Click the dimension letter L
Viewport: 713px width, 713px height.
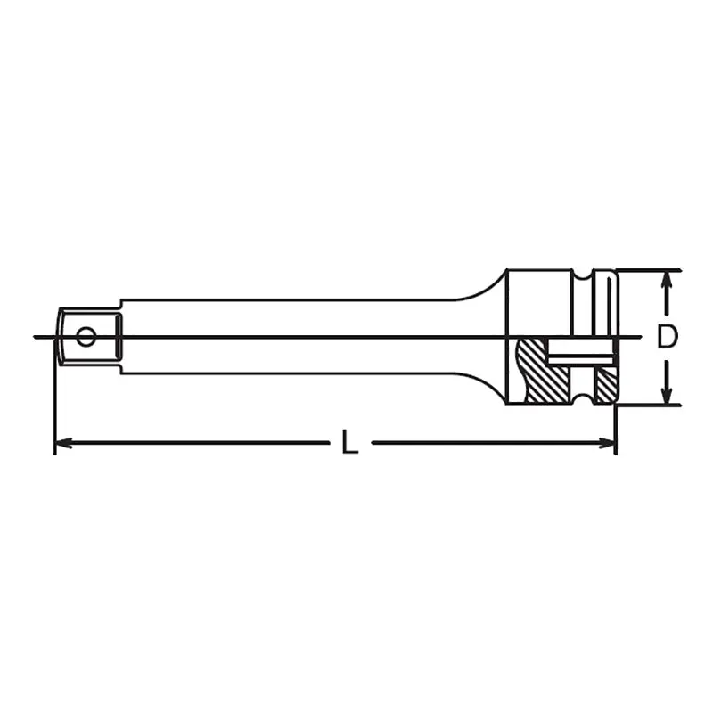pyautogui.click(x=349, y=441)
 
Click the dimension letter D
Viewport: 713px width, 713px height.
pyautogui.click(x=667, y=337)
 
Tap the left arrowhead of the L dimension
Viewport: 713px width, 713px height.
pyautogui.click(x=62, y=442)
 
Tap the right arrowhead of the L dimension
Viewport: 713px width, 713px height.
pyautogui.click(x=607, y=442)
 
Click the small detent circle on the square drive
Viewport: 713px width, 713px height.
pyautogui.click(x=86, y=337)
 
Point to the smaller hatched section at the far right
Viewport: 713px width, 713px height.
pyautogui.click(x=606, y=386)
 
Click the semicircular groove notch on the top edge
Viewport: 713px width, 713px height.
pyautogui.click(x=583, y=275)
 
